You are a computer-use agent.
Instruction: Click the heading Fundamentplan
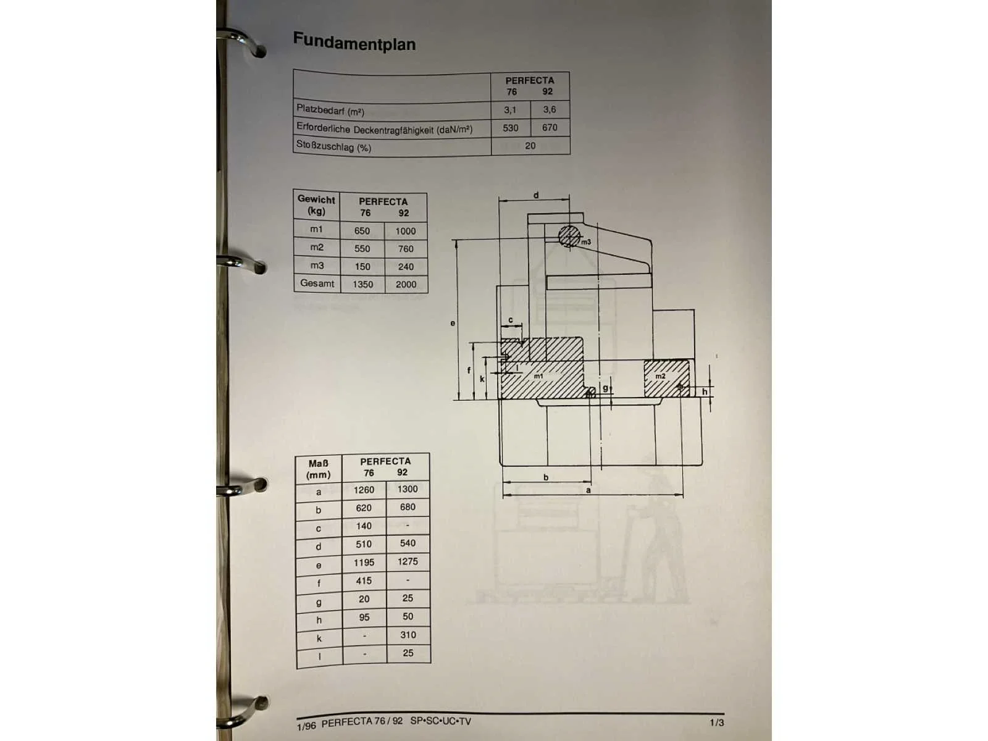coord(354,42)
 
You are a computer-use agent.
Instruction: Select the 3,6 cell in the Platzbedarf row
coord(550,109)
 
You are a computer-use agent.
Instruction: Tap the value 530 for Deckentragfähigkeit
coord(511,128)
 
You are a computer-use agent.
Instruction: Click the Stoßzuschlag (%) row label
coord(333,146)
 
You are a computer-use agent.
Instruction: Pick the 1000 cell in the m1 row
coord(405,231)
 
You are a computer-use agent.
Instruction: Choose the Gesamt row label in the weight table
coord(317,283)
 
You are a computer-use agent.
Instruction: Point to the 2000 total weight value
coord(406,284)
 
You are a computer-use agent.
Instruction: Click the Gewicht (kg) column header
coord(316,205)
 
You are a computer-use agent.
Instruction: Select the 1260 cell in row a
coord(364,490)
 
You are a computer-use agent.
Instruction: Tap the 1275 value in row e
coord(408,561)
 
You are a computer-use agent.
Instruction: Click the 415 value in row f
coord(364,581)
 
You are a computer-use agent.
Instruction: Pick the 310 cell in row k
coord(408,635)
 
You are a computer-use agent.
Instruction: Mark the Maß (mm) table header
coord(318,469)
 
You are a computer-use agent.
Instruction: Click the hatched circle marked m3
coord(569,237)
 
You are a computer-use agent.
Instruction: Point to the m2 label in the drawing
coord(660,376)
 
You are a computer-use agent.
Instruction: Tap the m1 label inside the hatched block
coord(538,376)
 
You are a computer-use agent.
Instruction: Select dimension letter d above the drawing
coord(536,195)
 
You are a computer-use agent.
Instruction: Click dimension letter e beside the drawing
coord(453,323)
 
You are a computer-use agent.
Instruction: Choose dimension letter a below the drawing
coord(588,490)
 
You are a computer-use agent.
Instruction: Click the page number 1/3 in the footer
coord(716,722)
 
